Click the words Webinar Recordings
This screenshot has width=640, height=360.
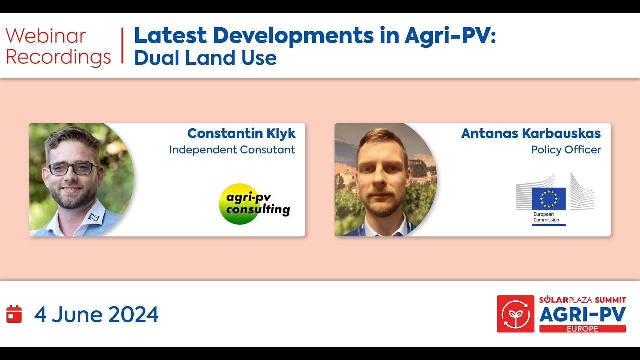click(58, 47)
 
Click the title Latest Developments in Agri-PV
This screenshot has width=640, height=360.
click(315, 36)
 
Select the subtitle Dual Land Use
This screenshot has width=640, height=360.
click(205, 58)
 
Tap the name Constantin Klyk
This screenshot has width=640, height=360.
click(241, 133)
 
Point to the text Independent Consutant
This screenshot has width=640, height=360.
click(232, 150)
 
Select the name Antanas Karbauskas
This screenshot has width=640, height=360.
click(531, 133)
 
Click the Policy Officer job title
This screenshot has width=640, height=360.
click(566, 150)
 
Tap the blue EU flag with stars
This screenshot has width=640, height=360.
click(548, 199)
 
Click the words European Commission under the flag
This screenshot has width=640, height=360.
click(546, 217)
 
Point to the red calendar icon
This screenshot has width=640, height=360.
click(14, 314)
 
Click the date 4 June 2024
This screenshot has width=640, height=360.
click(96, 315)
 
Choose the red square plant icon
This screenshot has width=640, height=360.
click(515, 314)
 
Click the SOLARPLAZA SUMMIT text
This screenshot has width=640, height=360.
click(582, 300)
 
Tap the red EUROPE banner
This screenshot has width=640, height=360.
click(582, 329)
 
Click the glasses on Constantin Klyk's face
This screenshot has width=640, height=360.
click(73, 169)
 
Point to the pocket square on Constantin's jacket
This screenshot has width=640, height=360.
click(93, 217)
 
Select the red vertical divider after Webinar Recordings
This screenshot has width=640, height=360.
click(122, 46)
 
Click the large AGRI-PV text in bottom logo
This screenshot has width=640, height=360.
click(582, 315)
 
